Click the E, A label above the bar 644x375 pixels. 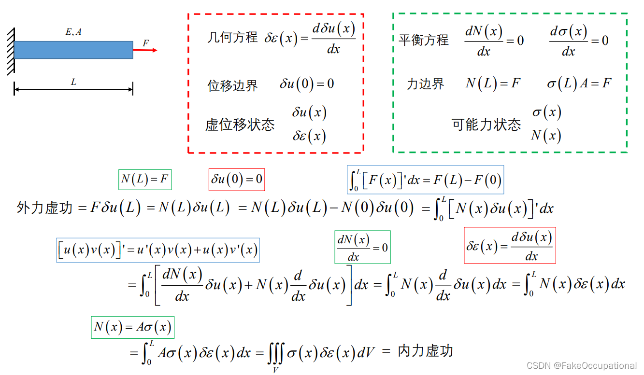click(x=73, y=32)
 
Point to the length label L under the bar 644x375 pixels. click(x=73, y=83)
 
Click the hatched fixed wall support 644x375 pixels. click(x=10, y=51)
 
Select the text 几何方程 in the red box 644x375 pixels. click(x=232, y=38)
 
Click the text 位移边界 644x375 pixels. click(x=233, y=85)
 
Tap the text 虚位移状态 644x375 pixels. click(x=240, y=125)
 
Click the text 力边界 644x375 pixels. click(x=425, y=84)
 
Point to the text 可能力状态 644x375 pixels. click(x=486, y=125)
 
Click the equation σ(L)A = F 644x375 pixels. click(x=579, y=83)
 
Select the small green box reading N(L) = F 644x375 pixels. click(x=145, y=180)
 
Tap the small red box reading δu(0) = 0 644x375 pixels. click(x=237, y=180)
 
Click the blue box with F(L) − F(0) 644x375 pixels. click(x=425, y=180)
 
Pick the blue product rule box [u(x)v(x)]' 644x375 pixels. click(x=158, y=250)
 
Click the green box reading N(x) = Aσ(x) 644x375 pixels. click(x=132, y=327)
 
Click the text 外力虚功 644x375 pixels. click(x=44, y=208)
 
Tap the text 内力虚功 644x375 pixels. click(x=425, y=351)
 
